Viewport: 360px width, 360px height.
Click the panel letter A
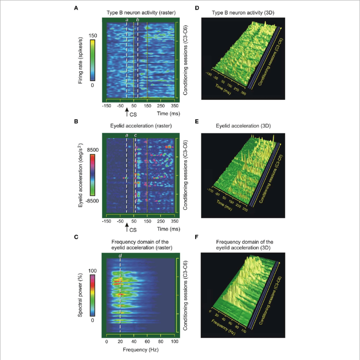[76, 8]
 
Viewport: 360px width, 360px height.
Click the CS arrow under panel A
[127, 112]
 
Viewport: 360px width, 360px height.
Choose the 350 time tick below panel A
[174, 106]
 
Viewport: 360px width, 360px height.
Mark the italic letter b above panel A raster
[138, 19]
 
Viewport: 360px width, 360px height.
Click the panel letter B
[76, 121]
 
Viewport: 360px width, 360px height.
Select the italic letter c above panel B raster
[136, 135]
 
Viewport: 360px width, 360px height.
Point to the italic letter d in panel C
[121, 256]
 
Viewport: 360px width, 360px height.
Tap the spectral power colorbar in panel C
[92, 296]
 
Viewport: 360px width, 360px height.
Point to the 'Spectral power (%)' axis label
[80, 296]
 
